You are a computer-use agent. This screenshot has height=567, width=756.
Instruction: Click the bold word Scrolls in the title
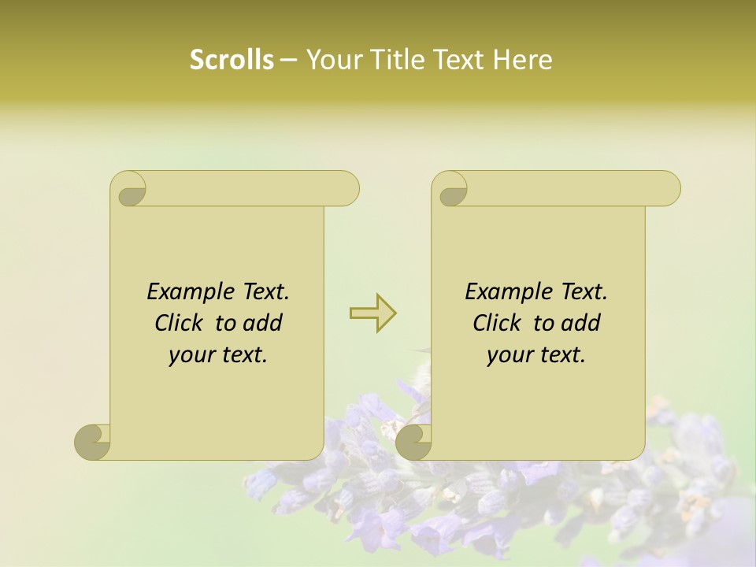(x=232, y=60)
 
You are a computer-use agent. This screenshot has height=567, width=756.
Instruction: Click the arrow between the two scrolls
(x=372, y=313)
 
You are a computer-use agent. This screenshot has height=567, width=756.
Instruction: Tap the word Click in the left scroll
(x=172, y=324)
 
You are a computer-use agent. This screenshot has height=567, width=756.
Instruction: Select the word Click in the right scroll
(x=491, y=324)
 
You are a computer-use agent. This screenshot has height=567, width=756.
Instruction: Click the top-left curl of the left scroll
(x=130, y=190)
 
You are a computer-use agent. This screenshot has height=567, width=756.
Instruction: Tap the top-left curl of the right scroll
(x=451, y=190)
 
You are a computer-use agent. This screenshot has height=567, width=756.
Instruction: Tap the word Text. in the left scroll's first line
(x=265, y=292)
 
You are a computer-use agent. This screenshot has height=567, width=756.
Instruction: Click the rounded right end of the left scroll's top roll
(x=347, y=189)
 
